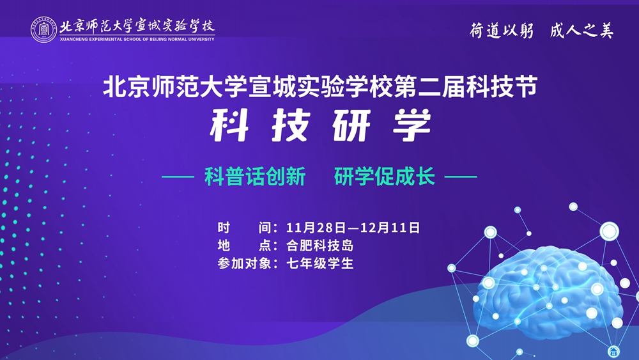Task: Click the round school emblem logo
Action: click(x=43, y=30)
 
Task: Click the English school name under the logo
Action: click(x=137, y=40)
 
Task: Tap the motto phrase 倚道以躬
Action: click(x=502, y=30)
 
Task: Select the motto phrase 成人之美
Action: click(x=581, y=30)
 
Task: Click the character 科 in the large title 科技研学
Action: click(x=229, y=125)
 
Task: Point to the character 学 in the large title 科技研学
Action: click(x=412, y=125)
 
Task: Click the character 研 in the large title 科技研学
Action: click(x=351, y=125)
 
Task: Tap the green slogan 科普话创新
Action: click(x=255, y=176)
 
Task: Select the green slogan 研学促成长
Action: click(x=385, y=176)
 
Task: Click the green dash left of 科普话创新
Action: click(x=178, y=177)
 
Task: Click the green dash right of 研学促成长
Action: click(x=461, y=177)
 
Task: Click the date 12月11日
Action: click(x=390, y=228)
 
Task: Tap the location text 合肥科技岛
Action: click(x=320, y=246)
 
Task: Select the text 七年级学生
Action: click(x=320, y=263)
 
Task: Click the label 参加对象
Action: click(x=244, y=263)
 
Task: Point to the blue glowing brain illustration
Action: click(x=548, y=292)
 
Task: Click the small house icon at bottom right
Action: click(x=613, y=351)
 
